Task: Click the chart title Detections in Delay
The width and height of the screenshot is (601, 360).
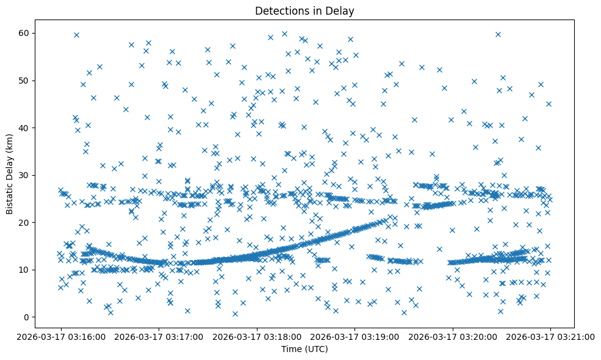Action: point(304,10)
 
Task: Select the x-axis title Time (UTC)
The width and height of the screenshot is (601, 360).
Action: point(304,349)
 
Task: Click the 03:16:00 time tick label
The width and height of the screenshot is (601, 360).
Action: point(60,336)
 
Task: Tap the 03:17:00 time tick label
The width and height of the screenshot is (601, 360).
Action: point(159,336)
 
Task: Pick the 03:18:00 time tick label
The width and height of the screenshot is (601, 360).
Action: point(257,336)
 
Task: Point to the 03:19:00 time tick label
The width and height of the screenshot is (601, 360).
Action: point(354,336)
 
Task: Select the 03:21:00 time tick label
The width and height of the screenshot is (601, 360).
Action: point(550,336)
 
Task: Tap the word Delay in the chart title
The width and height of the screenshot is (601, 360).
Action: point(342,10)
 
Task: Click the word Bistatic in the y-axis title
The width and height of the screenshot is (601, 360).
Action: point(10,196)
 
